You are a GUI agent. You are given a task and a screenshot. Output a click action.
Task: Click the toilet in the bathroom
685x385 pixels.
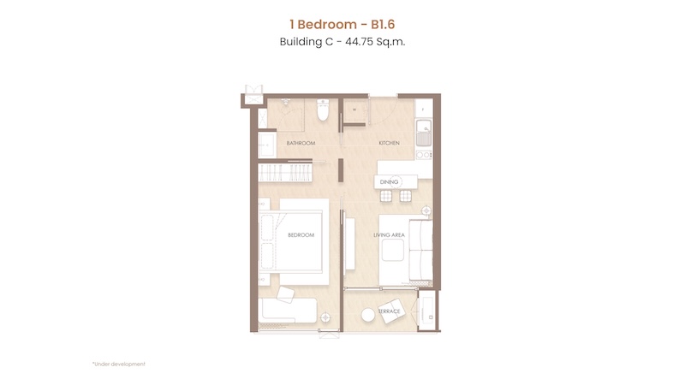323,110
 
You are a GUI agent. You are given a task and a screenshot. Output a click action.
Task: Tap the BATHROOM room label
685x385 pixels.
301,143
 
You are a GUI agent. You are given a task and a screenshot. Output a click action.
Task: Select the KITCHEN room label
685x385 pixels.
389,143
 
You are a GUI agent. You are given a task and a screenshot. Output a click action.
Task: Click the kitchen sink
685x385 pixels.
423,133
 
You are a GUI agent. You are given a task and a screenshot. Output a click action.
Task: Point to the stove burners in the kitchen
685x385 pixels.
424,155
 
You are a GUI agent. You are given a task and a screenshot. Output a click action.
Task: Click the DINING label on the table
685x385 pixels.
389,182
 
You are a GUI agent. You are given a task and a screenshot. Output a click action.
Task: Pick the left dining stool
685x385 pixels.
386,196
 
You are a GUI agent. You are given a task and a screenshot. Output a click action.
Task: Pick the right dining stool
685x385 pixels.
405,196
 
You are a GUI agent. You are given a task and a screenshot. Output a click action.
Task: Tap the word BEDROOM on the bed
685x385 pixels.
301,234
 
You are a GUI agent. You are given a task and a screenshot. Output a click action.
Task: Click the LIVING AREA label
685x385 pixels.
389,234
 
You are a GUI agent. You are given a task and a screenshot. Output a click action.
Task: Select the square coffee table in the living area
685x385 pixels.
393,250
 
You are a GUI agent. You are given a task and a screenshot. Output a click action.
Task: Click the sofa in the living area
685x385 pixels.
420,250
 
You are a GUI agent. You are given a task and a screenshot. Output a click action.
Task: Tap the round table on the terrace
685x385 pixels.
368,315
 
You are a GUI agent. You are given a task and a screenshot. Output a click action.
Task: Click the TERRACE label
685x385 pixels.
390,311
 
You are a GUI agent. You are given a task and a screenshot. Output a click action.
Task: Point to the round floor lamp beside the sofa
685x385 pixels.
426,211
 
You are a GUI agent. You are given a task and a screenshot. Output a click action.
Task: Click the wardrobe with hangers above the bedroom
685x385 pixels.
285,173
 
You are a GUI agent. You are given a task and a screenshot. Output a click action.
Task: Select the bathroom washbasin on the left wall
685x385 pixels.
266,145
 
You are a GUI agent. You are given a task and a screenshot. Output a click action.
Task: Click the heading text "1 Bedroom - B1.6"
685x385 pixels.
342,25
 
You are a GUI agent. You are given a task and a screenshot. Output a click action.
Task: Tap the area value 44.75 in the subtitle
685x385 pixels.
359,42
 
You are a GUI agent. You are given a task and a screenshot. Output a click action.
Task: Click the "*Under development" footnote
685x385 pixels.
119,364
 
